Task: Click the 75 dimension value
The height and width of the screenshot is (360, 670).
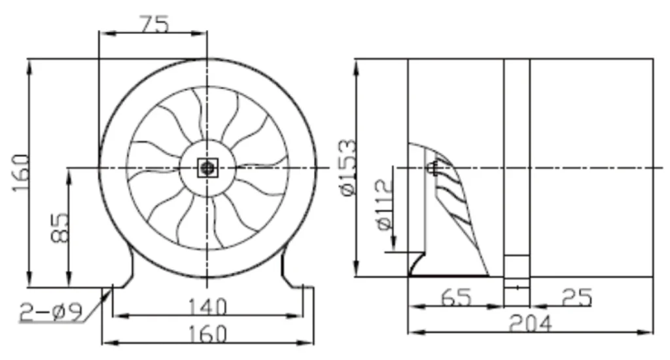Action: [x=154, y=24]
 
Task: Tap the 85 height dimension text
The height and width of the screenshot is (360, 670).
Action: [x=60, y=228]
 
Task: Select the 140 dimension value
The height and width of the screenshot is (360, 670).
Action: [x=207, y=307]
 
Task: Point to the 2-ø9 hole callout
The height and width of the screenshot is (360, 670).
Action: [x=51, y=313]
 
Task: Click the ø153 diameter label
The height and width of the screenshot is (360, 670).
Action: [x=349, y=167]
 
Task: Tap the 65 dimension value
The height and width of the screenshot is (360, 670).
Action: [x=456, y=297]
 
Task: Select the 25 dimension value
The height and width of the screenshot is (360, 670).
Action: [x=577, y=297]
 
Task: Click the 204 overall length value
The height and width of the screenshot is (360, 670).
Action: [x=530, y=323]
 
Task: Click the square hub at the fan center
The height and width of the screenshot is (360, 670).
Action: [x=207, y=168]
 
